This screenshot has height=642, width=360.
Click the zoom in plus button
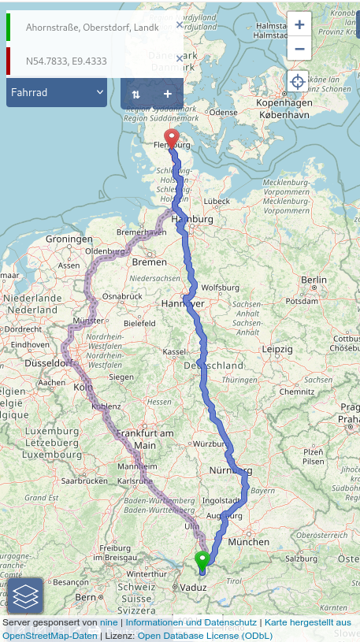point(299,24)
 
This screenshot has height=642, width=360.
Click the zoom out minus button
point(299,48)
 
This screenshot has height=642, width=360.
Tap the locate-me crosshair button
point(298,81)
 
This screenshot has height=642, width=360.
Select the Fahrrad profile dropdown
point(57,92)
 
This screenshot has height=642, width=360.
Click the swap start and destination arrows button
point(135,94)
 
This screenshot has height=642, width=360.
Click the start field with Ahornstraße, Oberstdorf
point(91,28)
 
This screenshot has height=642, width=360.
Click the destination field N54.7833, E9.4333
point(91,61)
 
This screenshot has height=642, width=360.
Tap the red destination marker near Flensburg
point(171,139)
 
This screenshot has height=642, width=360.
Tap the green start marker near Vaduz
point(202,561)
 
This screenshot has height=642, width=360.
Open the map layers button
point(25,596)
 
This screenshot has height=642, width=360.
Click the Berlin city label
point(313,280)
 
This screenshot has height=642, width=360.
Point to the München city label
point(248,542)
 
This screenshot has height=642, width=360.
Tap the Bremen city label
point(149,261)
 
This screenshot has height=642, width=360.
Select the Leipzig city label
point(277,348)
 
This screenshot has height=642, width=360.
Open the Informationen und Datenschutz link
point(191,622)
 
